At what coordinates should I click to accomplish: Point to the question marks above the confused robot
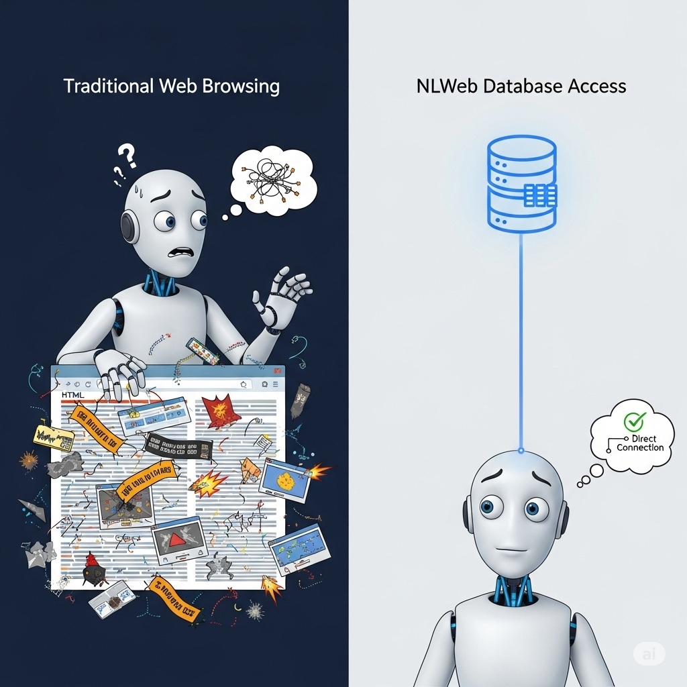pyautogui.click(x=123, y=162)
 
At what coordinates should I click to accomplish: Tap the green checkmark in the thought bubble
pyautogui.click(x=633, y=421)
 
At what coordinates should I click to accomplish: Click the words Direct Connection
pyautogui.click(x=639, y=443)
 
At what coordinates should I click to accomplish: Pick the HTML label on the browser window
pyautogui.click(x=73, y=397)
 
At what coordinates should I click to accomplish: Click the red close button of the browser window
pyautogui.click(x=277, y=370)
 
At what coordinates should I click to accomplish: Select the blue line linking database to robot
pyautogui.click(x=521, y=342)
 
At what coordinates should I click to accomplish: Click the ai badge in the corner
pyautogui.click(x=649, y=653)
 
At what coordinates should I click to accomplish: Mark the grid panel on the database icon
pyautogui.click(x=539, y=195)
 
